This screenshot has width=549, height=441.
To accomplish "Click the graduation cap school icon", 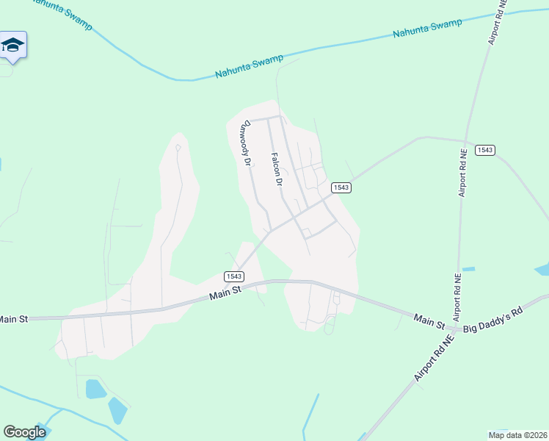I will coord(13,46).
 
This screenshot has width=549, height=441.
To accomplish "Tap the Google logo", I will coord(24,432).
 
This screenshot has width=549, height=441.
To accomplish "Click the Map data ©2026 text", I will coord(517,434).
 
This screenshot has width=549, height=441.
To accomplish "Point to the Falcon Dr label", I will coord(277,169).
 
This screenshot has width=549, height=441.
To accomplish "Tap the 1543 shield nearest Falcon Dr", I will coord(341,187).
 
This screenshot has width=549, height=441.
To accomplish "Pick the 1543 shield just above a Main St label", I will coord(233,276).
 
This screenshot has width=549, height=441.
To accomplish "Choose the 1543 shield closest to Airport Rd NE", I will coord(484,150).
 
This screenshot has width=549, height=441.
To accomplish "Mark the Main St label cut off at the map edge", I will coord(12,319).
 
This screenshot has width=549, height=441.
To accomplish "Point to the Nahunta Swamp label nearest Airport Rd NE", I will coord(427,29).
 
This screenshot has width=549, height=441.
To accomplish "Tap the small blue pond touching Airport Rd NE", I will coord(468,269).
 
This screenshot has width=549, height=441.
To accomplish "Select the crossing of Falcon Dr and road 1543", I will coord(293,218).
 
